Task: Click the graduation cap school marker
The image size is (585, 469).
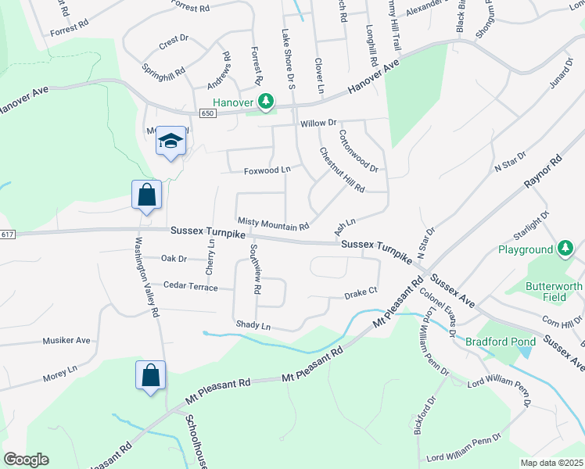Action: (x=171, y=141)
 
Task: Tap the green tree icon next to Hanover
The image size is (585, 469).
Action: (x=267, y=101)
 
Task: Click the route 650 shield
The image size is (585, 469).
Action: (x=206, y=113)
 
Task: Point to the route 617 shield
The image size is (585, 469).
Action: (x=8, y=234)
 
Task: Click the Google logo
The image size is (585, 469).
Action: (x=26, y=460)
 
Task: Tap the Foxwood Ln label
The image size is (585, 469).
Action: (x=267, y=170)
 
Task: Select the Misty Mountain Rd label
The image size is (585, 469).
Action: (x=274, y=225)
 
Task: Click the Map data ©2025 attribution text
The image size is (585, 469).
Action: (x=551, y=463)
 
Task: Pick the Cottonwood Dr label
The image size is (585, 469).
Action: (x=358, y=151)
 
